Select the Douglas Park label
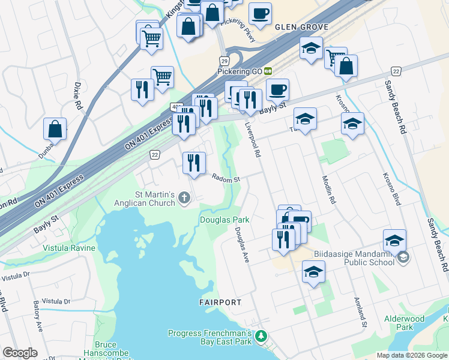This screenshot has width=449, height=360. point(224,220)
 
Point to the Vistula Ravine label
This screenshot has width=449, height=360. point(69,248)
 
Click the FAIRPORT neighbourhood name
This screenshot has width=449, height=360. point(220,302)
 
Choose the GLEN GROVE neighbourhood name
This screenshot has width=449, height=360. point(301,28)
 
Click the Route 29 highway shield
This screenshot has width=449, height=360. point(223,61)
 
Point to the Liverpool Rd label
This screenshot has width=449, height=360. point(253,140)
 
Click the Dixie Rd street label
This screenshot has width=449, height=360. point(78,95)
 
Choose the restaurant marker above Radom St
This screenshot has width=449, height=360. point(194,162)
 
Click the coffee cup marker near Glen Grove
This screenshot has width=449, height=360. point(260,14)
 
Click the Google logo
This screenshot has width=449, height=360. point(20,353)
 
